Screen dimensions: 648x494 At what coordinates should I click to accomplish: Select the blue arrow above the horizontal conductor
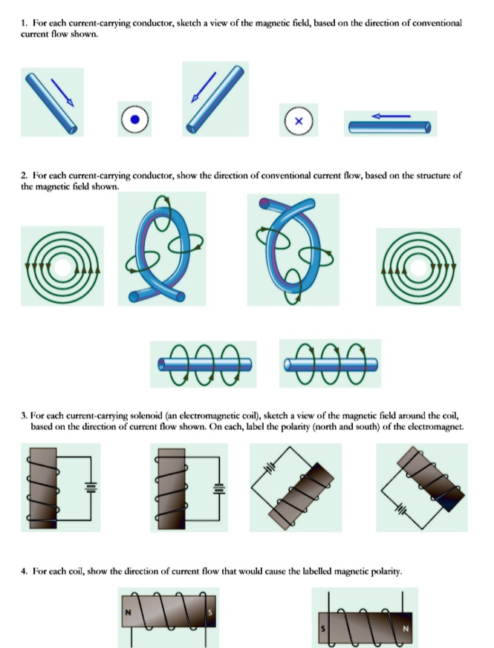click(x=391, y=116)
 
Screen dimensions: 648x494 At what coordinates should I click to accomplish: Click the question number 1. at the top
click(x=25, y=24)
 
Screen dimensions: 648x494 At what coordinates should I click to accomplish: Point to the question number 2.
click(x=25, y=176)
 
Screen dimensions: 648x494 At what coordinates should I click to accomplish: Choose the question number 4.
click(x=25, y=572)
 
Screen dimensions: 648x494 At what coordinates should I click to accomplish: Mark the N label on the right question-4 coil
click(x=407, y=627)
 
